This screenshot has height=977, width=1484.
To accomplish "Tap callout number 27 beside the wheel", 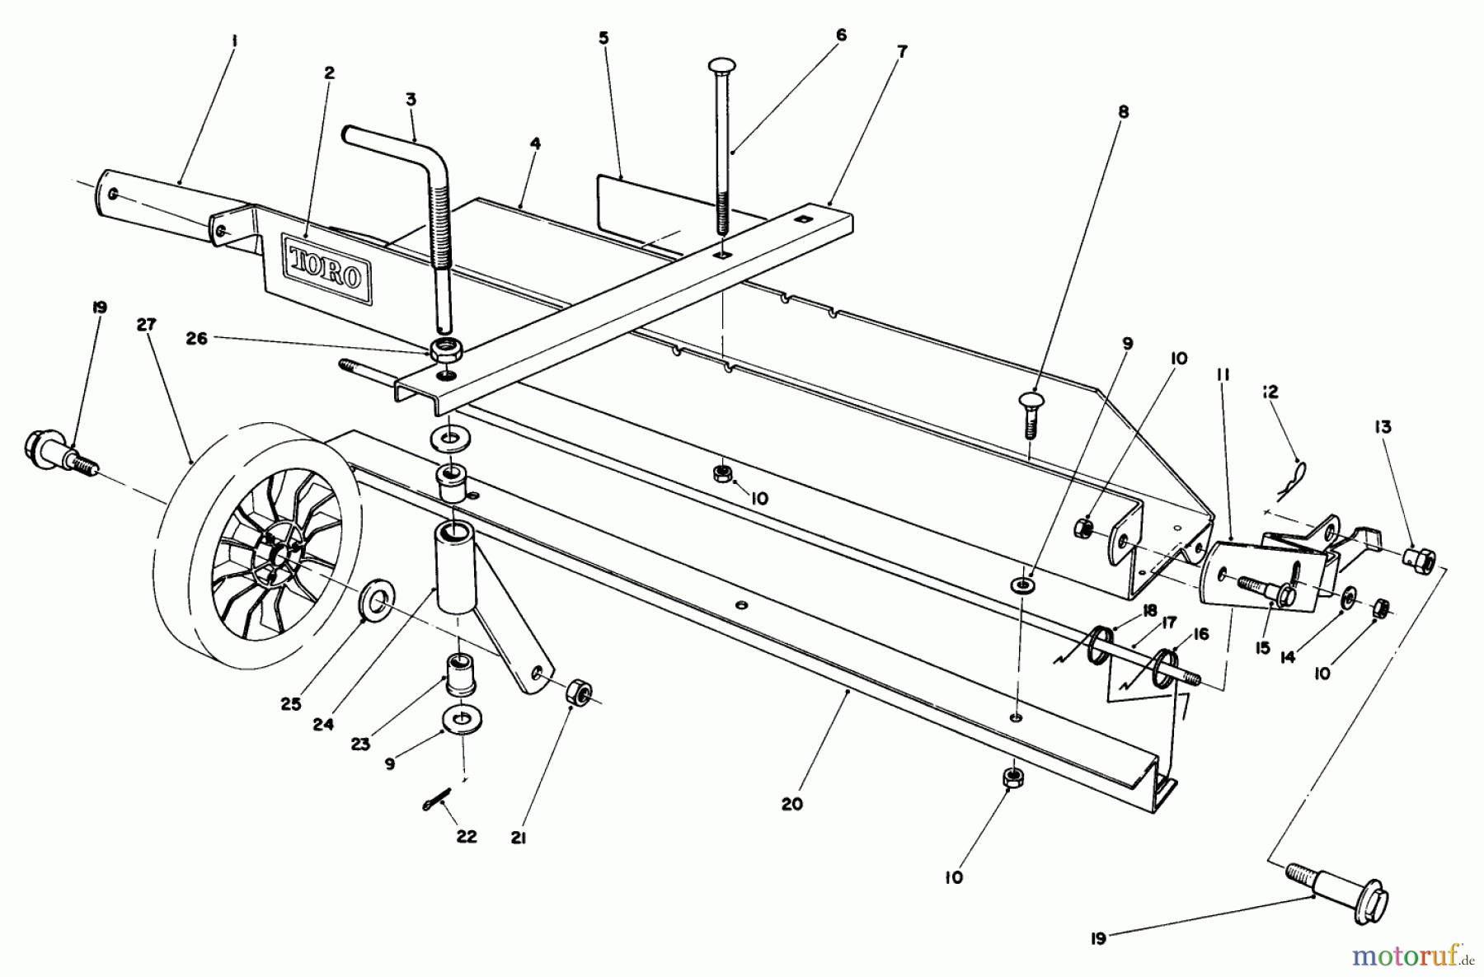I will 146,325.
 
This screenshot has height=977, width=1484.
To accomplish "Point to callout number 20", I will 791,804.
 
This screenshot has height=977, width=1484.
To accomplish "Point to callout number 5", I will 603,38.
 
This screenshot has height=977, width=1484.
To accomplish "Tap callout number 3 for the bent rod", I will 411,100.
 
